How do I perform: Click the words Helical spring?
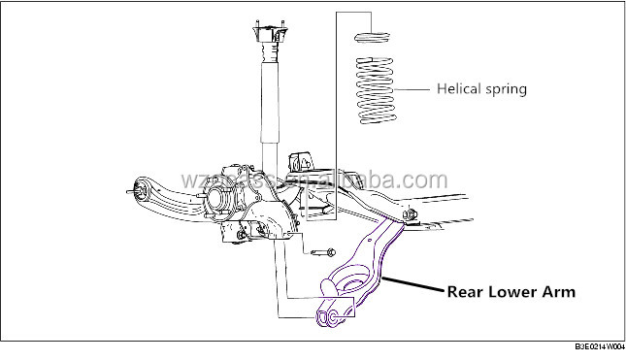pos(482,89)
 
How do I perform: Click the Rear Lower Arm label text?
pos(511,290)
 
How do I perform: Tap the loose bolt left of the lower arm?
pos(320,253)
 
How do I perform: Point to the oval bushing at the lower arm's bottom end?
pos(328,317)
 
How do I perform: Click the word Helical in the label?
pos(459,89)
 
